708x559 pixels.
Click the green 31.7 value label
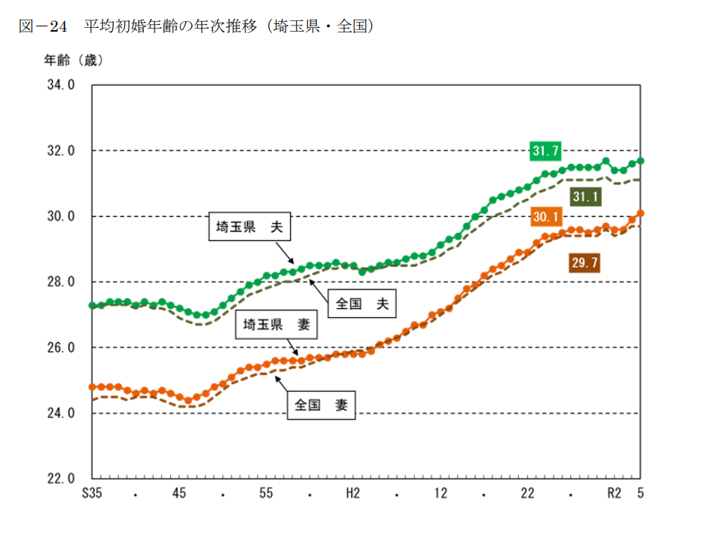[x=545, y=151]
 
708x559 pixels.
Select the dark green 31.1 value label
[x=585, y=197]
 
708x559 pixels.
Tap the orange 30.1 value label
[x=545, y=218]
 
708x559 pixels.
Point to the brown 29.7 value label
[x=585, y=263]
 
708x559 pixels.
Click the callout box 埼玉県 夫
[x=249, y=227]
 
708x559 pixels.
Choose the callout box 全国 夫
[x=362, y=304]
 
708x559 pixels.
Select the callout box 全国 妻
[x=321, y=405]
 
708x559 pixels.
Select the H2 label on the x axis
[x=352, y=494]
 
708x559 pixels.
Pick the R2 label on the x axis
[x=614, y=494]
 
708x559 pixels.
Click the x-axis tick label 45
[x=179, y=494]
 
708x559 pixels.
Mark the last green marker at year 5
[x=641, y=160]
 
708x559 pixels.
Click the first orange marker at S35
[x=92, y=386]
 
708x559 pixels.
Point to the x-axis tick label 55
[x=266, y=494]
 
